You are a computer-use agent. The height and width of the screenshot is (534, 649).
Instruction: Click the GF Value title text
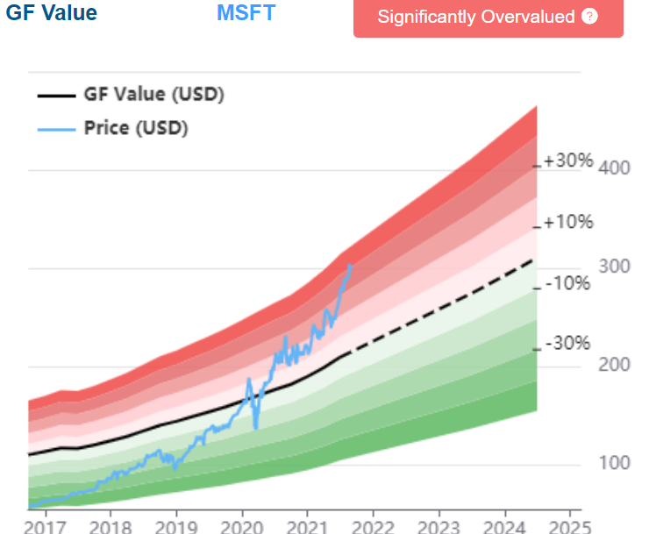click(52, 13)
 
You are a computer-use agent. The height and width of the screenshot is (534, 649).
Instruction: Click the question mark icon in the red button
click(589, 17)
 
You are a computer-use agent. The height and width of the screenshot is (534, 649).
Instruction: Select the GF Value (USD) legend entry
click(153, 95)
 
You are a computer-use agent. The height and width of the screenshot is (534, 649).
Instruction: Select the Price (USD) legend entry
click(136, 128)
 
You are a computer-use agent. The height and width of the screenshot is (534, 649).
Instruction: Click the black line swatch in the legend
click(56, 95)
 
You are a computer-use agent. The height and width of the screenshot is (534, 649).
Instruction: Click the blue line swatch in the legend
click(56, 128)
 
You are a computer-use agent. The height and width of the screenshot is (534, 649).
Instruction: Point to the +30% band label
click(567, 161)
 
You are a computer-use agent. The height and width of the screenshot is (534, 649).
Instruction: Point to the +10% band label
click(567, 222)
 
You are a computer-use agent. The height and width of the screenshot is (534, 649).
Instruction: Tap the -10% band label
click(567, 283)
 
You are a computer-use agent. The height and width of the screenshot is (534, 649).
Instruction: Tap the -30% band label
click(567, 344)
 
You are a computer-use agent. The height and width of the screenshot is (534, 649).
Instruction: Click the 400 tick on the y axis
click(614, 167)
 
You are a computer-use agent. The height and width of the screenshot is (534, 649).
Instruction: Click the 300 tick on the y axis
click(614, 267)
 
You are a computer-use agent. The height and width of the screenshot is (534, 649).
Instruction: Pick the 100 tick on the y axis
click(614, 463)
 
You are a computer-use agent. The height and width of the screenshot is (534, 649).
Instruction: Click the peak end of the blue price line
click(351, 265)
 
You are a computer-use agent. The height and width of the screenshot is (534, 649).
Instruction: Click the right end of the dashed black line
click(533, 260)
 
